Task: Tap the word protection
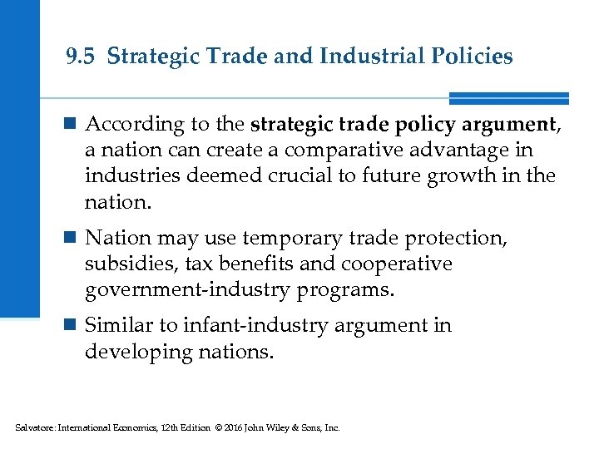(462, 238)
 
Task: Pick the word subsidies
(124, 264)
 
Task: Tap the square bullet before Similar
(72, 326)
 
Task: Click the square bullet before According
(72, 126)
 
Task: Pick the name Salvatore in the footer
(32, 428)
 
